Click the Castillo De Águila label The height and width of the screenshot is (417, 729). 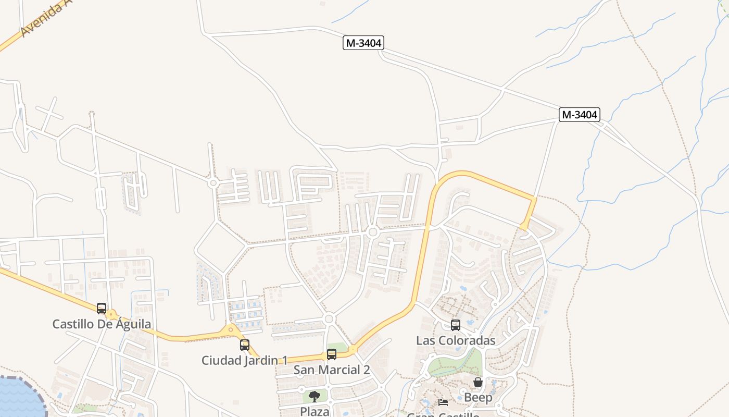pos(102,324)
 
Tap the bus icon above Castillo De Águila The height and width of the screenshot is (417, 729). pos(102,308)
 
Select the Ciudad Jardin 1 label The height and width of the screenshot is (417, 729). pos(244,360)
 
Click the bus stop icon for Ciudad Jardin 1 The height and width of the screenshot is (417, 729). pos(245,345)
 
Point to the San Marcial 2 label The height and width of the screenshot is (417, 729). pos(332,370)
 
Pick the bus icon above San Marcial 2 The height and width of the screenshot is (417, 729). pos(332,354)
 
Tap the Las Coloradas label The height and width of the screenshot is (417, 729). pos(456,340)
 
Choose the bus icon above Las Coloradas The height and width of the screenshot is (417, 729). pos(456,325)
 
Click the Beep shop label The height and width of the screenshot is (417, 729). pos(478,398)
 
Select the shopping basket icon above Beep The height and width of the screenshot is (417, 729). pos(478,383)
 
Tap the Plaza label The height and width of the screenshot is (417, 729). pos(315,411)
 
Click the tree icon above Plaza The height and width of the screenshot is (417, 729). pos(315,397)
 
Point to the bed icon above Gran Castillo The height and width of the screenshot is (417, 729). pos(443,402)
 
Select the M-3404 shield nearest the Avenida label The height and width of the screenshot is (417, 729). pos(363,43)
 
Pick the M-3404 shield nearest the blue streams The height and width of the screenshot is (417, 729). pos(580,115)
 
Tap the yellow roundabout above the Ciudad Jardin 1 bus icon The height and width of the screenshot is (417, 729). pos(231,329)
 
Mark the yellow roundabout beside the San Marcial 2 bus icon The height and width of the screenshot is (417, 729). pos(353,349)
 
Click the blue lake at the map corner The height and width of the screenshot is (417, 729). pos(18,399)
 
